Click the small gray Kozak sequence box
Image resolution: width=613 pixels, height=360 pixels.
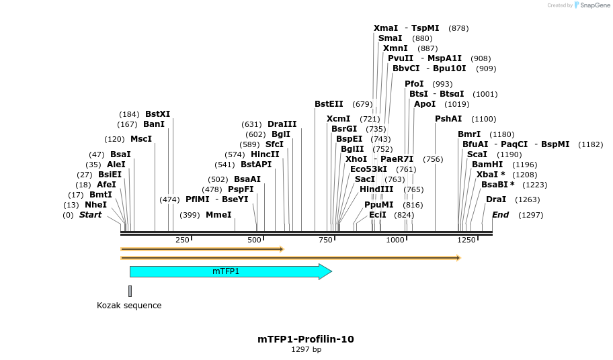(130, 291)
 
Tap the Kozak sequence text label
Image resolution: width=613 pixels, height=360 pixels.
(129, 306)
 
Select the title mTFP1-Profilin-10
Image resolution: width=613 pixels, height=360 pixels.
(306, 339)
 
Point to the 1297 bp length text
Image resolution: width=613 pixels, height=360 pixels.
(306, 349)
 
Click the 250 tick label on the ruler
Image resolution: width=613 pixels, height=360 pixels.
(182, 240)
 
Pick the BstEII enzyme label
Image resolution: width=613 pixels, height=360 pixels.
(329, 104)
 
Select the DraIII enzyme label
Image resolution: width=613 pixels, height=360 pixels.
(282, 124)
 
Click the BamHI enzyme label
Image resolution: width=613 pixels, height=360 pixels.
(487, 165)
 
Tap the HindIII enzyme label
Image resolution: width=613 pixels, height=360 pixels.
(376, 189)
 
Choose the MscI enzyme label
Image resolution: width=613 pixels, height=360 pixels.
(141, 139)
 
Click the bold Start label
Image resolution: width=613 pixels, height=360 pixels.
(91, 215)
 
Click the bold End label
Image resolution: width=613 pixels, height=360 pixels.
(501, 215)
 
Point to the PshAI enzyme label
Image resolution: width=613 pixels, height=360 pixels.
(448, 119)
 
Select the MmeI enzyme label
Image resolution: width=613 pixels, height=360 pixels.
(218, 215)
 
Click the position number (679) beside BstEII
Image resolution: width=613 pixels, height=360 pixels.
(362, 104)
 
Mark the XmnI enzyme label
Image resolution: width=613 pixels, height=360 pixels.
(395, 48)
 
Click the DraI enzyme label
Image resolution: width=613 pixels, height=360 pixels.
(496, 199)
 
